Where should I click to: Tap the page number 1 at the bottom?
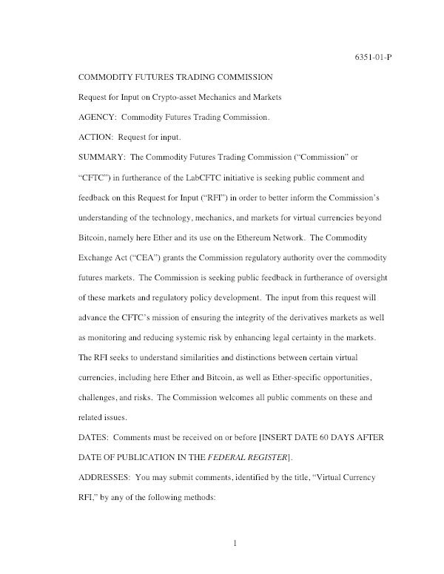(x=235, y=545)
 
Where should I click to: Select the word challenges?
(x=101, y=397)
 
